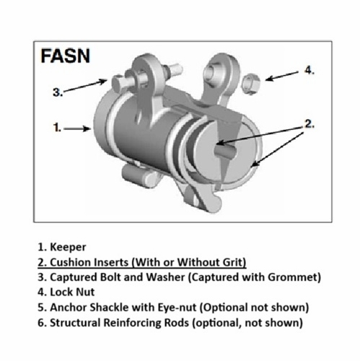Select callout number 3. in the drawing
58,92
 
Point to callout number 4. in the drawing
309,70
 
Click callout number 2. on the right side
308,123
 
